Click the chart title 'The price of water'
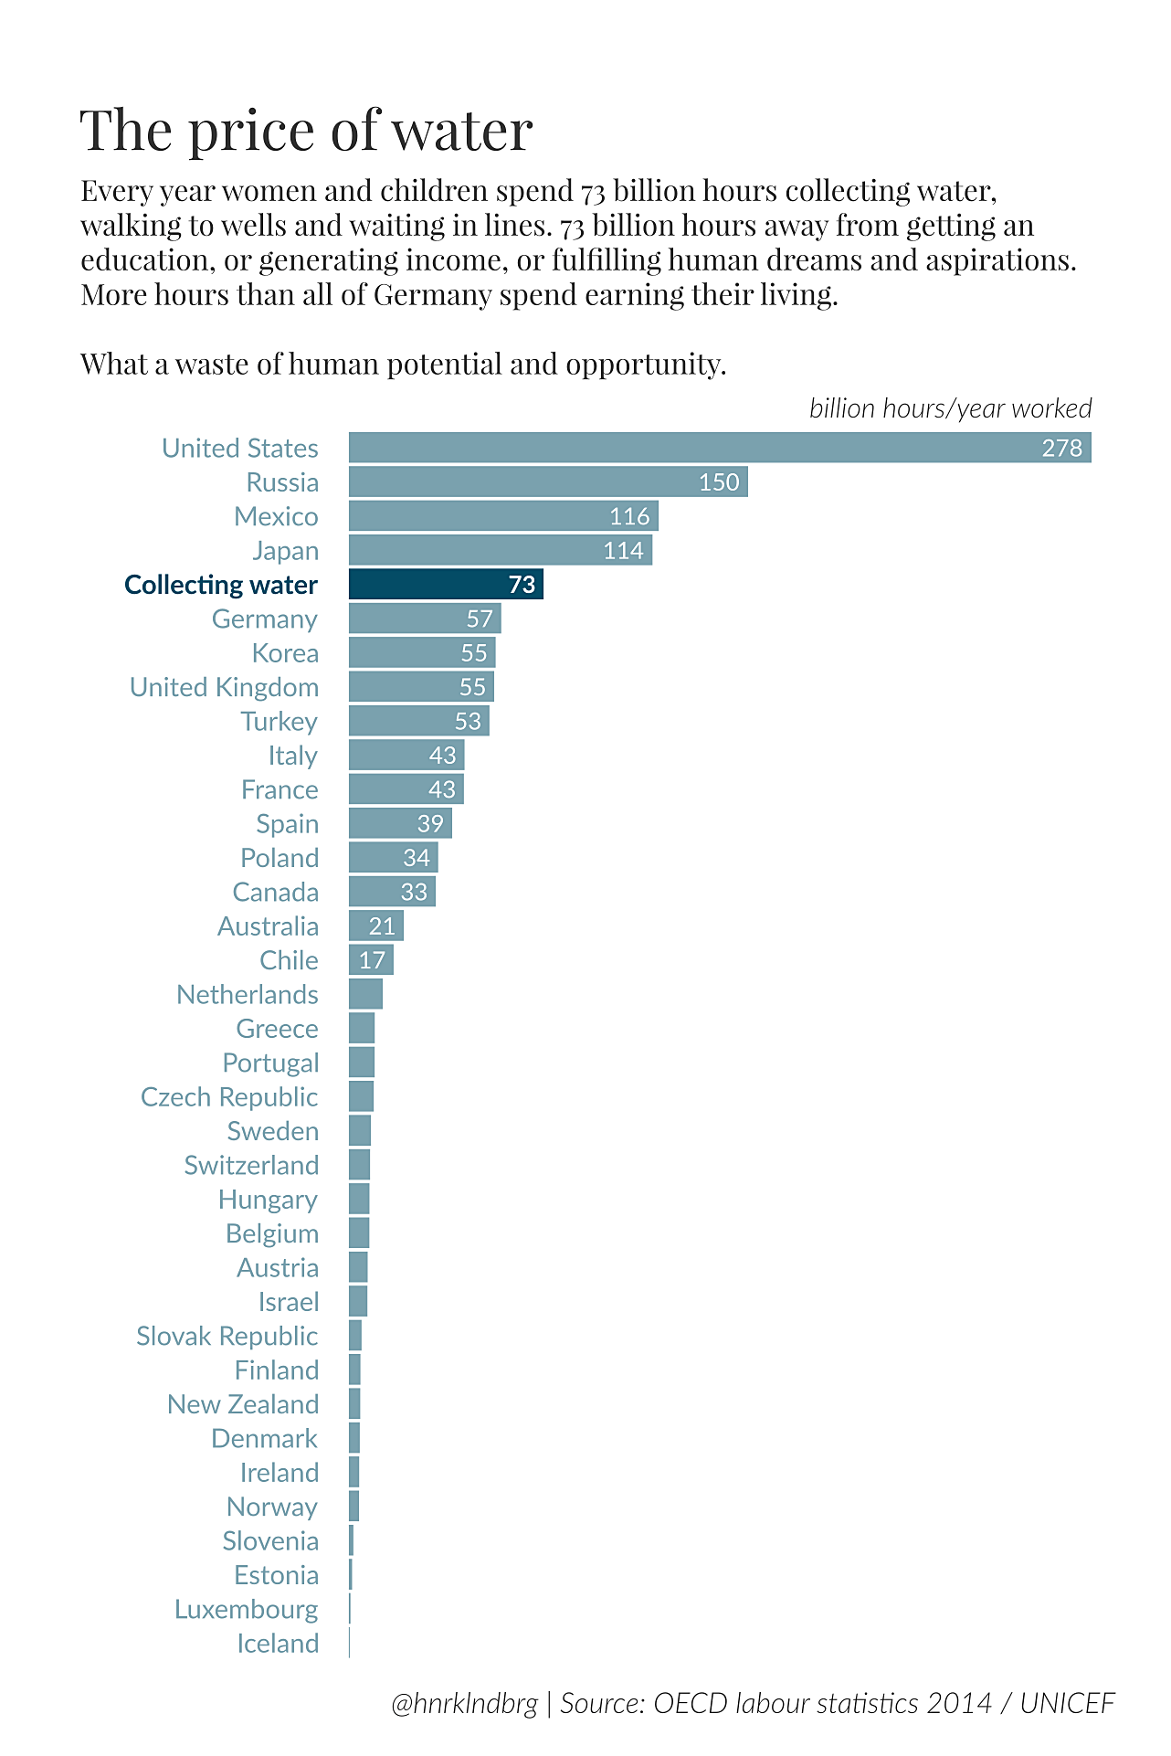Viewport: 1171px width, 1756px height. pos(306,130)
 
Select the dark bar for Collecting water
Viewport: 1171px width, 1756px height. pos(446,584)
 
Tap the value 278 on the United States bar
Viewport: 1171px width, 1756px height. pos(1061,448)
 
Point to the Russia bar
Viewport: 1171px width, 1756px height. pos(548,481)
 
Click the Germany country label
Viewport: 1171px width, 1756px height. pos(264,619)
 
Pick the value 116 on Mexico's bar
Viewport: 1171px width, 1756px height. pos(629,516)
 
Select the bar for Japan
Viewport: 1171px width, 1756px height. pos(500,550)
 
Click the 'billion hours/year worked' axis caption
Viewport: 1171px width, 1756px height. pos(950,408)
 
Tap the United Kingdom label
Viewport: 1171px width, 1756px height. pos(224,687)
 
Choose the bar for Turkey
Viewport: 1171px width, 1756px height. pos(418,721)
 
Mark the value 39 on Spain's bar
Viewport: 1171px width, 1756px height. pos(429,823)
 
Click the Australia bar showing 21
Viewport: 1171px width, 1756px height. pos(375,926)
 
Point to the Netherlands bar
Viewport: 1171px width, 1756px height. pos(365,994)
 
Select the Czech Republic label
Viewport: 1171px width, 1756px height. pos(229,1096)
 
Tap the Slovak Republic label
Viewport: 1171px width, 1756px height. pos(227,1336)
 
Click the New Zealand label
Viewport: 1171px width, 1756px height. pos(242,1404)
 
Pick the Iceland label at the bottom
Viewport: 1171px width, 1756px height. pos(278,1644)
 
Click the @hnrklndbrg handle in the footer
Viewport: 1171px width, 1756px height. pos(464,1704)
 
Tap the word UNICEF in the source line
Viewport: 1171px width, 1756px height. pos(1067,1704)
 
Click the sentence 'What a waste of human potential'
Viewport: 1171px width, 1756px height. pos(403,364)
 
